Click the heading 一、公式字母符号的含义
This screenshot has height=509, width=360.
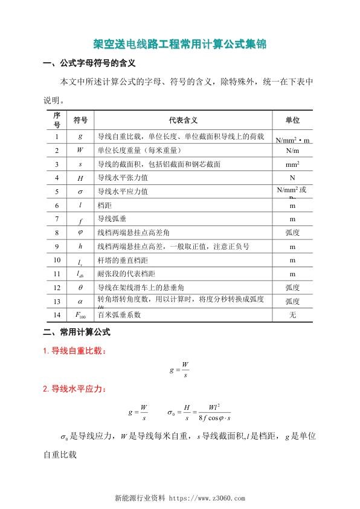(91, 63)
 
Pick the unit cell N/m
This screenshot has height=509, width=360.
(292, 150)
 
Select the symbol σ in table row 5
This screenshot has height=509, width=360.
(80, 192)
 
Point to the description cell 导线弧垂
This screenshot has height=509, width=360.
(111, 219)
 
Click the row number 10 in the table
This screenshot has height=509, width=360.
(57, 260)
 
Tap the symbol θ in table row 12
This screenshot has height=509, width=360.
(80, 287)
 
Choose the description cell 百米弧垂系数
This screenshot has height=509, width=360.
(118, 315)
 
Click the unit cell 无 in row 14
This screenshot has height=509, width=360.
(292, 315)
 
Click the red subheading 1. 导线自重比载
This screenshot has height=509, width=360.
(75, 351)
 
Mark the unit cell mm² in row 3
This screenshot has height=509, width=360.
(292, 164)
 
